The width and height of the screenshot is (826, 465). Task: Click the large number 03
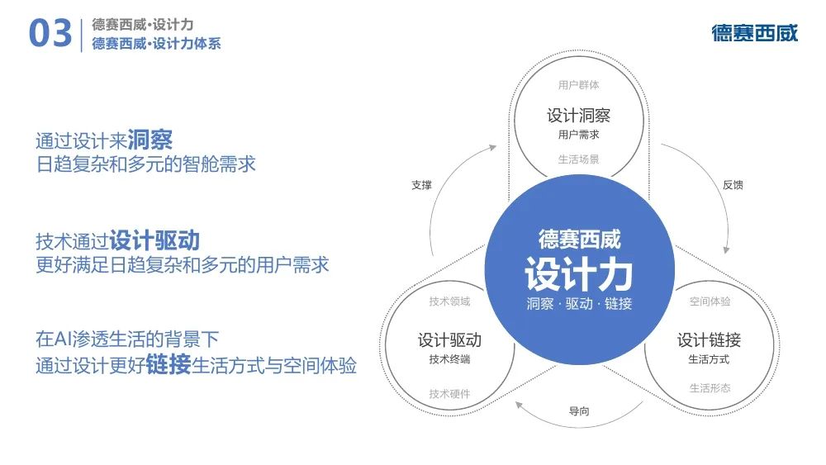click(x=50, y=33)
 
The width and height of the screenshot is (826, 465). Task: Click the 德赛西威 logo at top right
click(x=754, y=33)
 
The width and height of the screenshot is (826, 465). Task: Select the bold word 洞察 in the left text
click(x=150, y=140)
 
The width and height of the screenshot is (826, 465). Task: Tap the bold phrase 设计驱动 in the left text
click(x=154, y=240)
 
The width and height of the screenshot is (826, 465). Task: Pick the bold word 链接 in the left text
click(x=168, y=364)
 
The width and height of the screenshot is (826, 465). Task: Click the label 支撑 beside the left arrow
click(x=421, y=185)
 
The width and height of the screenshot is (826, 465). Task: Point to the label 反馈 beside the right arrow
click(x=733, y=185)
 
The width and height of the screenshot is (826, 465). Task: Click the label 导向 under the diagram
click(x=579, y=410)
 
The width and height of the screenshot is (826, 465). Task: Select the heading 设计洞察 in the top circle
click(x=578, y=116)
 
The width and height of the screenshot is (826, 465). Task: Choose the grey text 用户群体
click(x=578, y=85)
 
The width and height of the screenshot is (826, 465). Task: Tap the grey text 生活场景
click(x=578, y=159)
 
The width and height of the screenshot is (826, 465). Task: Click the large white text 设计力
click(x=578, y=274)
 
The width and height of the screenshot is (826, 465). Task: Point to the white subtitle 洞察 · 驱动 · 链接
click(x=579, y=304)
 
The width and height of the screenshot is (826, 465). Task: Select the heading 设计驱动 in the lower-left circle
click(x=449, y=340)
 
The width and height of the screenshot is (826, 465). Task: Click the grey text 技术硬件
click(x=449, y=394)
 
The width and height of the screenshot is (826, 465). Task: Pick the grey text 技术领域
click(x=449, y=301)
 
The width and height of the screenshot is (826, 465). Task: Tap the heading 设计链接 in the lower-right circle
click(x=709, y=340)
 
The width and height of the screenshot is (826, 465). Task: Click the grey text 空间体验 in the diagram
click(x=710, y=301)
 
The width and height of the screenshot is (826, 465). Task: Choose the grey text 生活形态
click(x=710, y=388)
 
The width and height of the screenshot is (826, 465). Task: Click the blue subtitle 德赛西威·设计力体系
click(x=156, y=43)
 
